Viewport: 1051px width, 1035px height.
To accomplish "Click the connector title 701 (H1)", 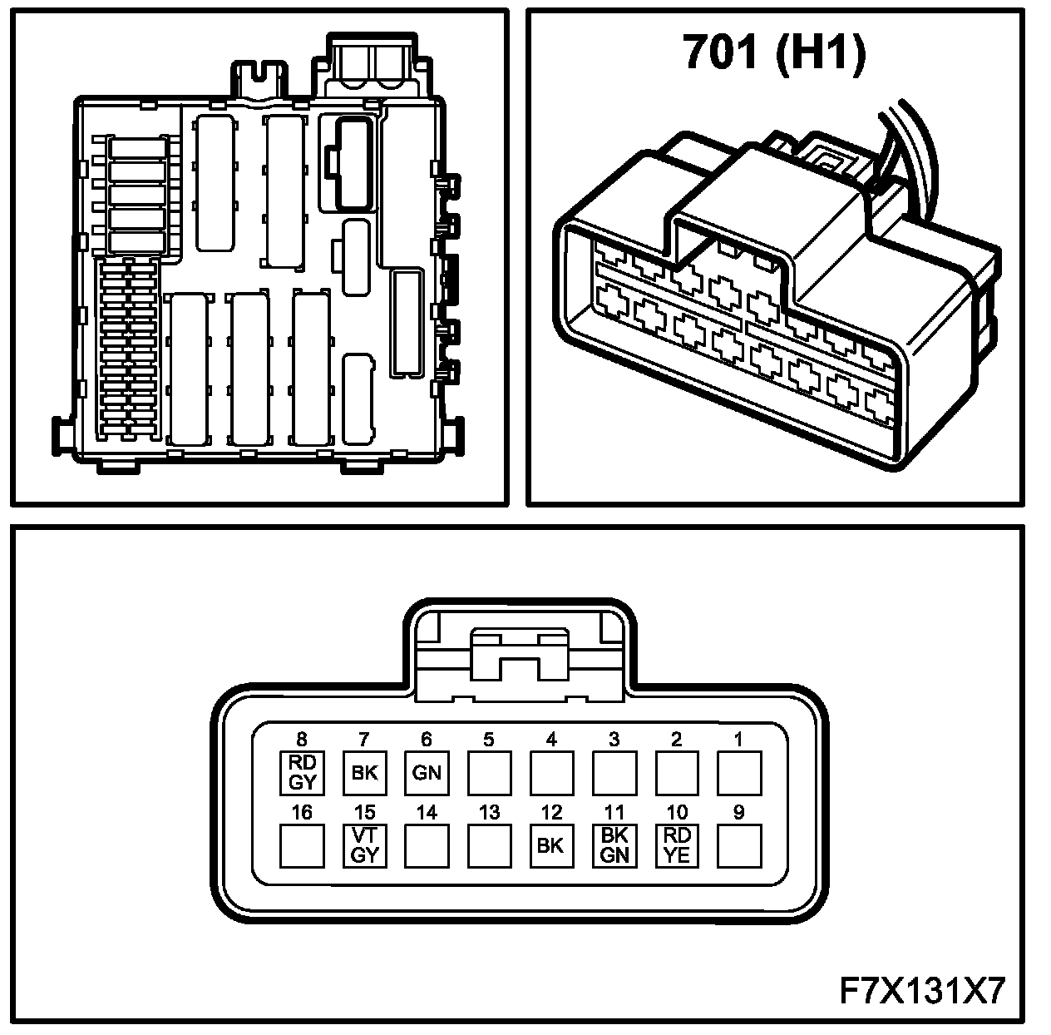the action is pyautogui.click(x=774, y=52).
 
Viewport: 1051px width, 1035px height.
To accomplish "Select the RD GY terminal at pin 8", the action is pyautogui.click(x=302, y=773).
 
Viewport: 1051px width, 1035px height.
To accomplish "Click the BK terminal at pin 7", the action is pyautogui.click(x=364, y=773).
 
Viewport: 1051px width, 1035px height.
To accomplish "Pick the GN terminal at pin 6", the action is pyautogui.click(x=427, y=773).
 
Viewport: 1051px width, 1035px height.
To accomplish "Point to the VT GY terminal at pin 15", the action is pyautogui.click(x=364, y=845).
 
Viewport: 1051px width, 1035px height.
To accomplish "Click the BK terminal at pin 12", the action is pyautogui.click(x=551, y=845).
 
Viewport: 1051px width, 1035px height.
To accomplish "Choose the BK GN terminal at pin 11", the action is pyautogui.click(x=614, y=845).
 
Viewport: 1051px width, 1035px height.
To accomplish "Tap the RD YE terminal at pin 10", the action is pyautogui.click(x=677, y=845).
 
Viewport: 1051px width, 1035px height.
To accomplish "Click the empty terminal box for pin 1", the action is pyautogui.click(x=739, y=773).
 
